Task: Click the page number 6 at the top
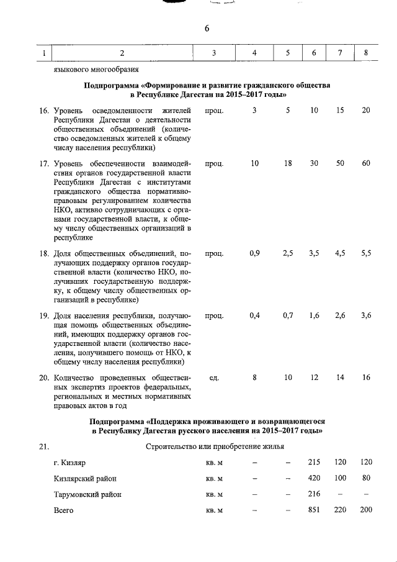[207, 29]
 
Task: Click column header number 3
[213, 53]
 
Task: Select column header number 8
[366, 53]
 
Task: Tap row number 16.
[43, 110]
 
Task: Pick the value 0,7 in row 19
[288, 315]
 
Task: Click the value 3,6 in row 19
[366, 315]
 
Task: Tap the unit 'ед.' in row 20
[214, 378]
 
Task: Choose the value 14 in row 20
[340, 378]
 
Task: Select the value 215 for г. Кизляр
[314, 463]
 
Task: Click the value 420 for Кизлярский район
[314, 479]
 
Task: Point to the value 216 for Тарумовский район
[314, 494]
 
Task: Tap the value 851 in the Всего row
[314, 510]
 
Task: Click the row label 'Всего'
[63, 510]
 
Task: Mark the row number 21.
[43, 446]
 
